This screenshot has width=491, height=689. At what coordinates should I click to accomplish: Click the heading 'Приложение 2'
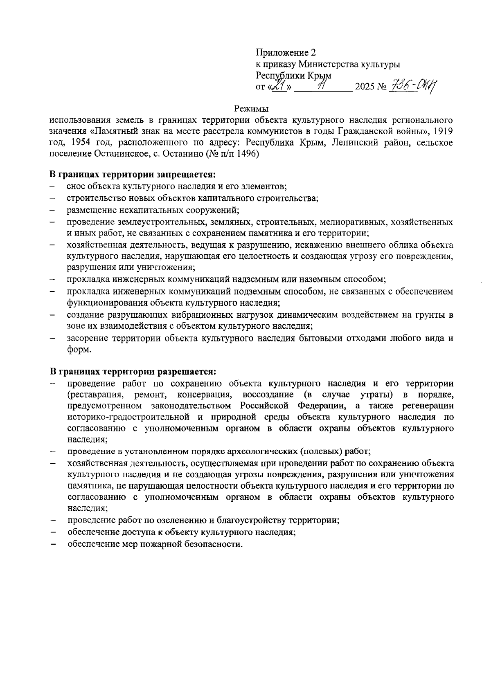click(286, 53)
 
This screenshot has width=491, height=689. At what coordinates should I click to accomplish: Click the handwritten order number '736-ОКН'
click(412, 86)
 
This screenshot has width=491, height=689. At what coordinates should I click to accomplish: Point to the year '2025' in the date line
click(365, 87)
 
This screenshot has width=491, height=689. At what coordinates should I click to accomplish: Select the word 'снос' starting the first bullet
click(76, 186)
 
